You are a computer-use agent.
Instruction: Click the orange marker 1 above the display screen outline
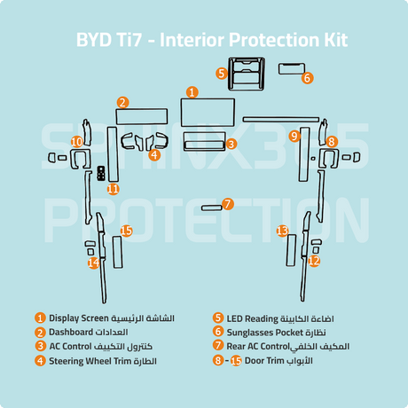(x=192, y=92)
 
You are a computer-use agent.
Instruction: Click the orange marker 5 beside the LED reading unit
(x=222, y=74)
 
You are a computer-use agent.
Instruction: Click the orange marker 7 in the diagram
(x=228, y=204)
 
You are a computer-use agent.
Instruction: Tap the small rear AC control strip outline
(x=212, y=208)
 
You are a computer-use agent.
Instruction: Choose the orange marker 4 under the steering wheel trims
(x=154, y=154)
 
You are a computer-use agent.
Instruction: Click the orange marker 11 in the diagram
(x=114, y=189)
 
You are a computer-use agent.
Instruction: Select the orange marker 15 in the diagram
(x=127, y=231)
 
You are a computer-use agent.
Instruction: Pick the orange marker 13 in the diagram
(x=282, y=231)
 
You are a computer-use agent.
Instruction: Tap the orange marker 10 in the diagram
(x=77, y=142)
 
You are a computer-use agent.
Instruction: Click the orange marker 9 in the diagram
(x=294, y=136)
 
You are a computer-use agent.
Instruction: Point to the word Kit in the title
(x=336, y=40)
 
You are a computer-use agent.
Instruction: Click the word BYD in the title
(x=94, y=40)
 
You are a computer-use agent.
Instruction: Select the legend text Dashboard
(x=71, y=332)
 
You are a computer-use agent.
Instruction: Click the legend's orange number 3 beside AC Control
(x=40, y=346)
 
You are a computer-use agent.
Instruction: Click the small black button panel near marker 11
(x=101, y=173)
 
